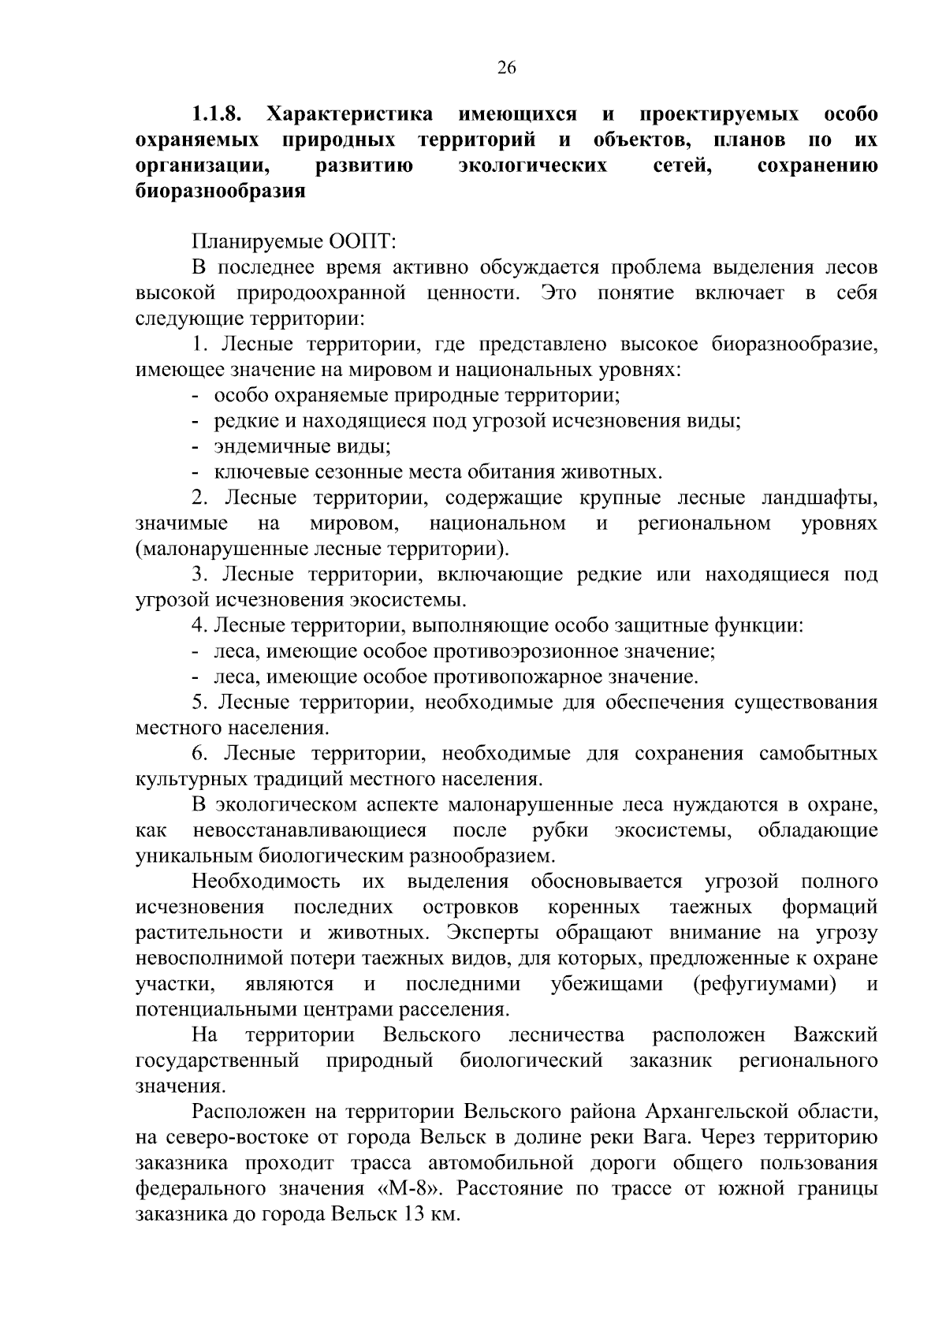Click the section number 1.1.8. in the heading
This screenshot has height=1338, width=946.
[x=215, y=114]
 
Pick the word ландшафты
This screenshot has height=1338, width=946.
[x=819, y=498]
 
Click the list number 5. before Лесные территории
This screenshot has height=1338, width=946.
[x=199, y=703]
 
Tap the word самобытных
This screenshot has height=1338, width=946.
[x=818, y=754]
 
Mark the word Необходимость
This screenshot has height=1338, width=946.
[x=266, y=881]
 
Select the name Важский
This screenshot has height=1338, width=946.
[x=835, y=1034]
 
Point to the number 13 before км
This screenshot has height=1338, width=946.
[x=415, y=1213]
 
